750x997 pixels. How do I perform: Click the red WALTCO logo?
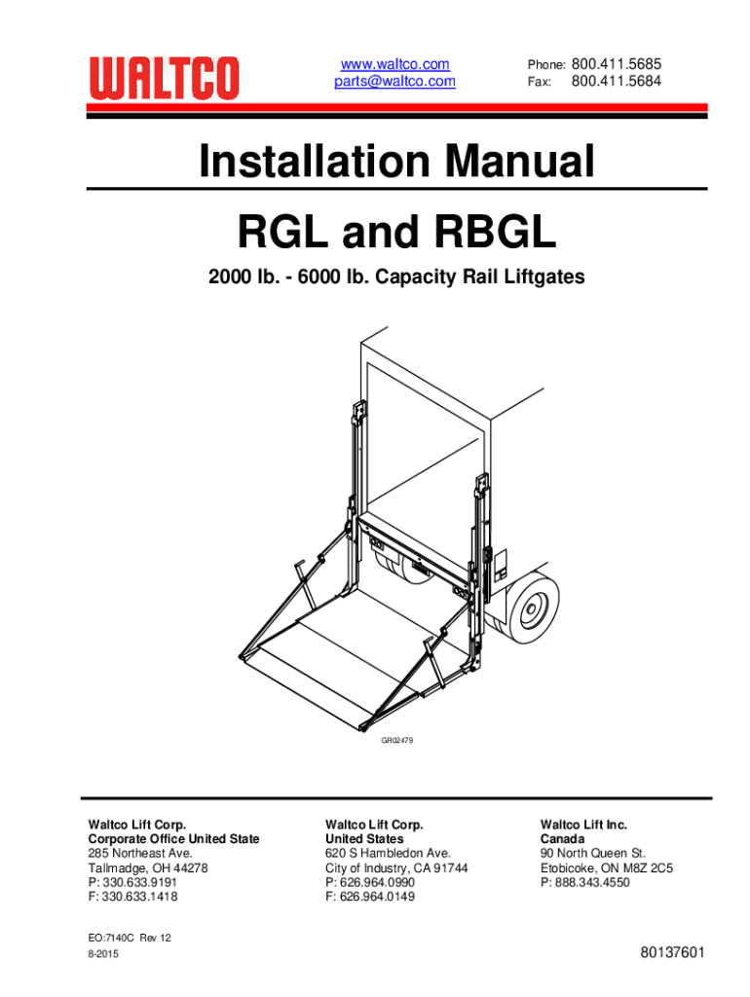[x=164, y=78]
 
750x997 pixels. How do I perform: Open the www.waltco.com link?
[x=395, y=64]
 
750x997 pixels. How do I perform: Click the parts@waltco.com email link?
[x=395, y=82]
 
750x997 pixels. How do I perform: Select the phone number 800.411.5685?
[x=617, y=64]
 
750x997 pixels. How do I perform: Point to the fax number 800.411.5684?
[x=617, y=81]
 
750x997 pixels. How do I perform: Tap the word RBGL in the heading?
[x=495, y=232]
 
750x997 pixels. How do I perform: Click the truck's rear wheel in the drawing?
[x=533, y=609]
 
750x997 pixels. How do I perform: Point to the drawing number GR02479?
[x=397, y=740]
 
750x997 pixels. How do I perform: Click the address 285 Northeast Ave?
[x=140, y=853]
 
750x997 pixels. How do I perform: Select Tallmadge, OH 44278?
[x=148, y=868]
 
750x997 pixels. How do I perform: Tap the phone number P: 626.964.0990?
[x=369, y=882]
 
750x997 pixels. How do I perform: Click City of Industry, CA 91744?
[x=396, y=868]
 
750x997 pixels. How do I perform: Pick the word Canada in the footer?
[x=562, y=838]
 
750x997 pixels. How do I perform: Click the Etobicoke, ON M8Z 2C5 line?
[x=606, y=868]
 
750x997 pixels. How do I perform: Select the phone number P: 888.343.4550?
[x=584, y=882]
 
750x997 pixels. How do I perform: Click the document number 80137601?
[x=672, y=952]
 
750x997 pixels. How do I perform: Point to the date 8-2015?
[x=103, y=954]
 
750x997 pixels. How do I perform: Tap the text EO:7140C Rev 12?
[x=130, y=938]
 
